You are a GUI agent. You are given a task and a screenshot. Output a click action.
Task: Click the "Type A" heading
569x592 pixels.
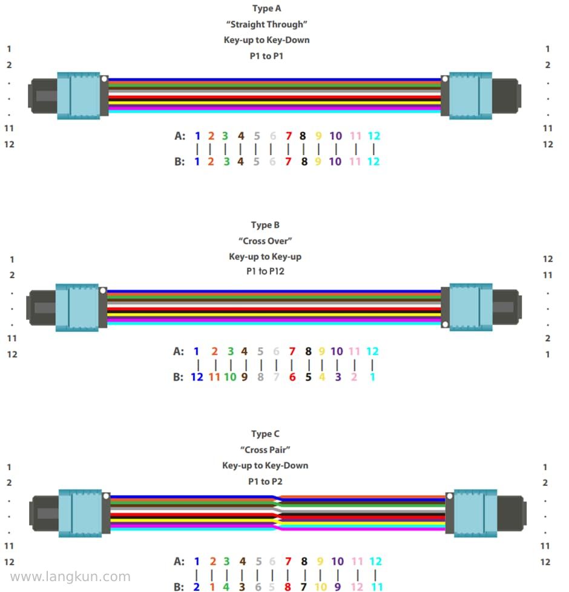266,8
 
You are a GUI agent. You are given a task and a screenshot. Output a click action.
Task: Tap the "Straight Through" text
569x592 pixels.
266,24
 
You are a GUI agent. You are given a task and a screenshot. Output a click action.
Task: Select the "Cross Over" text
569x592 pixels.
265,241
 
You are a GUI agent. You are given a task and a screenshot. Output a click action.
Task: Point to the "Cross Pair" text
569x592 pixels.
265,450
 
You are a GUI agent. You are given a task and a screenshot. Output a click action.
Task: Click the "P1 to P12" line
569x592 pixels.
265,271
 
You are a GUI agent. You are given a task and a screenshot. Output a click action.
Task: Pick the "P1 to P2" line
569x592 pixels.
265,481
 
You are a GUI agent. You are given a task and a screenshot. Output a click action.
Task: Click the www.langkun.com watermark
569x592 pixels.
70,577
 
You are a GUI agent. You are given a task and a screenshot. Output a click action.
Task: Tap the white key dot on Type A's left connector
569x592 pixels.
105,79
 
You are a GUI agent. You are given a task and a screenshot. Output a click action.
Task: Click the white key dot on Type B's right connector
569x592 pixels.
445,325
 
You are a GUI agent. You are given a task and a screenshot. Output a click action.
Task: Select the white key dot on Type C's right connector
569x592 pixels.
450,496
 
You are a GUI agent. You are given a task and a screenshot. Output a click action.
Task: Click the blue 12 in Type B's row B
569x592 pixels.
197,377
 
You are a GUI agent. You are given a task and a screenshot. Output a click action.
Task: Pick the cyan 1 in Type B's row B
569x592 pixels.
372,377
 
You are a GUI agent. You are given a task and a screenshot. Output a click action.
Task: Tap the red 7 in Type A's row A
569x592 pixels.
289,136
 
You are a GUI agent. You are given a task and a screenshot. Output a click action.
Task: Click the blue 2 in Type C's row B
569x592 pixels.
197,587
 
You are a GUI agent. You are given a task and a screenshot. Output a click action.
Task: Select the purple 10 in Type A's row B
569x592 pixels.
335,162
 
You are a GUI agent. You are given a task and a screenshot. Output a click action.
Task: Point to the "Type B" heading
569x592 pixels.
265,225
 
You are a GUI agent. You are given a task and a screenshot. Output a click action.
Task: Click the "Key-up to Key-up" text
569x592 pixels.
265,257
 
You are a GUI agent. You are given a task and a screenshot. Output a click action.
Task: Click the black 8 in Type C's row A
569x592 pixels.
304,562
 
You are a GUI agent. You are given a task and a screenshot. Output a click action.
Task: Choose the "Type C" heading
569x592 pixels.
265,434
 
